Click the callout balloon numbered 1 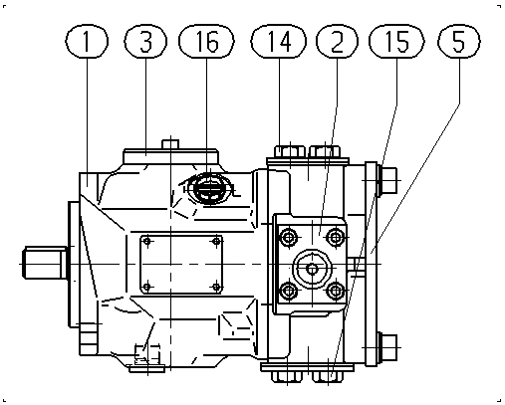87,41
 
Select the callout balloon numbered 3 145,41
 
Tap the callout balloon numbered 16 206,41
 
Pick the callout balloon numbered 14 278,41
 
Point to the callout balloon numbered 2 337,41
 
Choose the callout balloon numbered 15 396,41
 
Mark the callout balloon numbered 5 459,41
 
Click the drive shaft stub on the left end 45,263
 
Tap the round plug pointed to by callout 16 209,189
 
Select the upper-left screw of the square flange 289,238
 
